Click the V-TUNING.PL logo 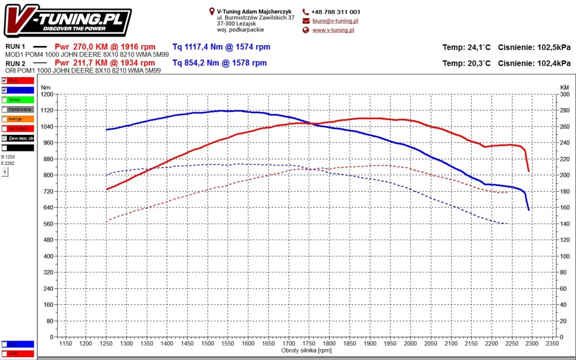(x=69, y=22)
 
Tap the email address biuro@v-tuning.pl (x=333, y=21)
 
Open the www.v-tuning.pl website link (x=333, y=30)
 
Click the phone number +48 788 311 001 (x=335, y=12)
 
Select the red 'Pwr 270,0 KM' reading (x=105, y=47)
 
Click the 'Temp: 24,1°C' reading (x=467, y=47)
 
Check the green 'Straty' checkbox (x=5, y=100)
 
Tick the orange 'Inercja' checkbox (x=5, y=119)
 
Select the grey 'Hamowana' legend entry (x=21, y=109)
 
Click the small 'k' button (x=5, y=172)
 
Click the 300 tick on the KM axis (x=564, y=94)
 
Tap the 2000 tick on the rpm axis (x=410, y=344)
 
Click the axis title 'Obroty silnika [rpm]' (x=306, y=350)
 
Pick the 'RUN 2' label (x=16, y=63)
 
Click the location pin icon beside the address (x=212, y=12)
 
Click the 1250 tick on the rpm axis (x=106, y=344)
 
